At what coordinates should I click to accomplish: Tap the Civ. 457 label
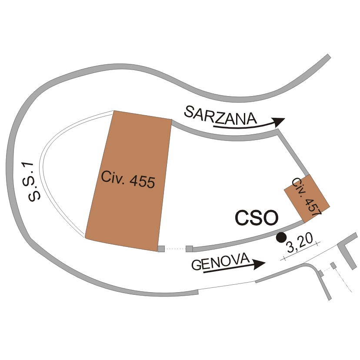pos(307,197)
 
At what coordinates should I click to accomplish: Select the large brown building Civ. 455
pos(129,181)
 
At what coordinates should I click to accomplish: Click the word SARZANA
pos(220,115)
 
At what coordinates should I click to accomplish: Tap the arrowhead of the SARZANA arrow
pos(278,122)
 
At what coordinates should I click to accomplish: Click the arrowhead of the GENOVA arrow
pos(259,264)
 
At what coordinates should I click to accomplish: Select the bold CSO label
pos(257,218)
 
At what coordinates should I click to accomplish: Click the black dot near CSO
pos(281,237)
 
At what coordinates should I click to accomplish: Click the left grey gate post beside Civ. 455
pos(161,249)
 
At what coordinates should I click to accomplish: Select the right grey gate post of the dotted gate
pos(189,249)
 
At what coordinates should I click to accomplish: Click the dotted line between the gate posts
pos(175,249)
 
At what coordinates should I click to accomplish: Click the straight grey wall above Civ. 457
pos(293,153)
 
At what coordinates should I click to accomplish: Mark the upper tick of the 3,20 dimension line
pos(318,243)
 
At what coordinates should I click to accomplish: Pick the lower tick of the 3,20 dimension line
pos(284,259)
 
